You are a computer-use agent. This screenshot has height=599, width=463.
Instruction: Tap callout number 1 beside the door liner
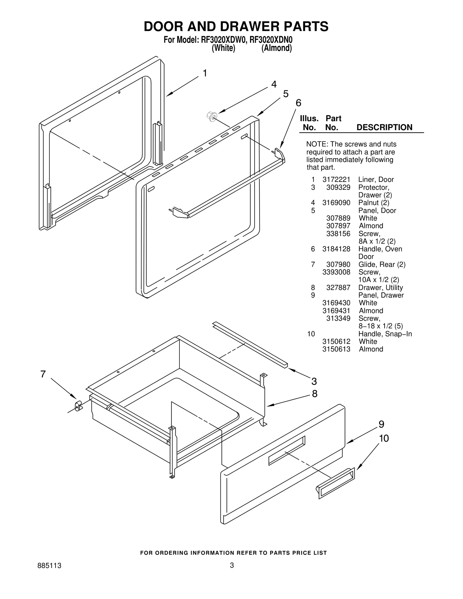[x=205, y=73]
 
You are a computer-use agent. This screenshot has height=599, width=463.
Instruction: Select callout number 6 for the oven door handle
[x=298, y=103]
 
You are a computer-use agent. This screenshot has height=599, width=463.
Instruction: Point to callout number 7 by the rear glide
[x=43, y=374]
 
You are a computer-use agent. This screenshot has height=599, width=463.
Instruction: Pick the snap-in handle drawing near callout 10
[x=335, y=483]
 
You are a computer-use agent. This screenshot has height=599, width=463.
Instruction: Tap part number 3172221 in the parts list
[x=336, y=180]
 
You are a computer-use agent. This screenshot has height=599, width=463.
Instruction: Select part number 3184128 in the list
[x=336, y=249]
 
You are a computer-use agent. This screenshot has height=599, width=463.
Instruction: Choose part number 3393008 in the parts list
[x=336, y=272]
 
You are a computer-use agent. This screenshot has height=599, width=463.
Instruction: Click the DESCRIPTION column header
[x=384, y=128]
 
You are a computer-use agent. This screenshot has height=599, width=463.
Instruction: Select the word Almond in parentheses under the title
[x=276, y=48]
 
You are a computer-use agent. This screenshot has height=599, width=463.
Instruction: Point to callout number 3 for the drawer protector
[x=314, y=381]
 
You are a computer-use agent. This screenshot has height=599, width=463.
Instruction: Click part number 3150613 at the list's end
[x=336, y=349]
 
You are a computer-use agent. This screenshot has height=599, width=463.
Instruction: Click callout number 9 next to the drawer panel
[x=381, y=424]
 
